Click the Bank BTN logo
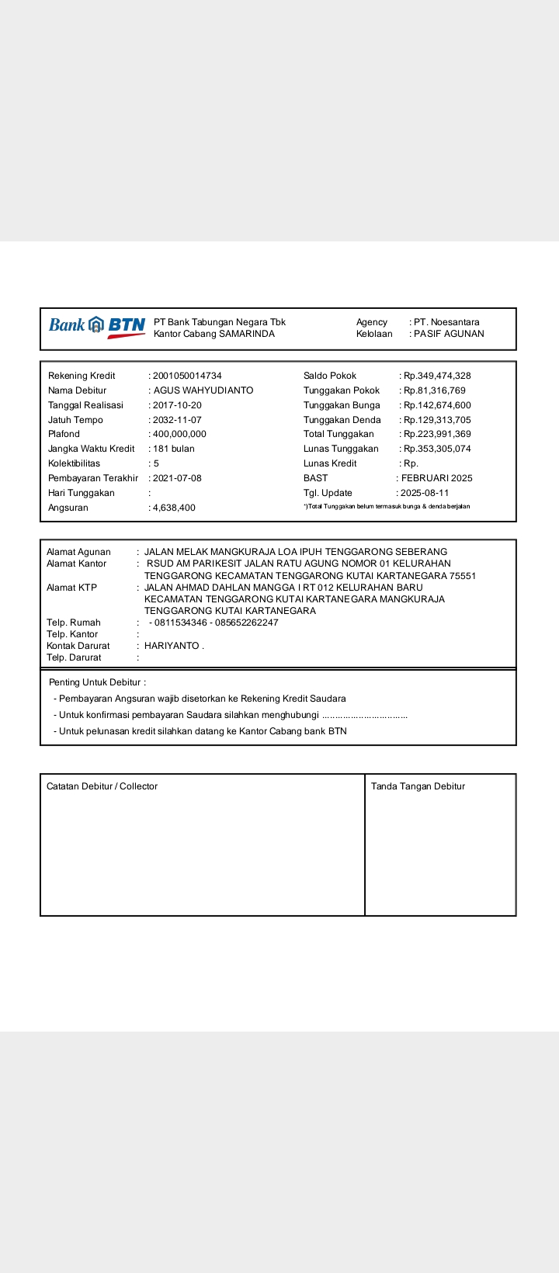click(97, 326)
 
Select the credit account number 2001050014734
click(187, 376)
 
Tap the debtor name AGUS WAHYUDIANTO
click(203, 390)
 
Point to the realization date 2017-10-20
click(177, 405)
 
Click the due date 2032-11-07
click(177, 420)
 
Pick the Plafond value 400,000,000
click(179, 434)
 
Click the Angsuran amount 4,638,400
click(174, 508)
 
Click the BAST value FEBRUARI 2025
click(436, 478)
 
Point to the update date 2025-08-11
click(425, 493)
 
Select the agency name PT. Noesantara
click(446, 322)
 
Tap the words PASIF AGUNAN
click(449, 334)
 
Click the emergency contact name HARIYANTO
click(172, 646)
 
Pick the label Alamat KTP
click(71, 588)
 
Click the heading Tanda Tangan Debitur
click(418, 786)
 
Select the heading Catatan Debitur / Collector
click(102, 786)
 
